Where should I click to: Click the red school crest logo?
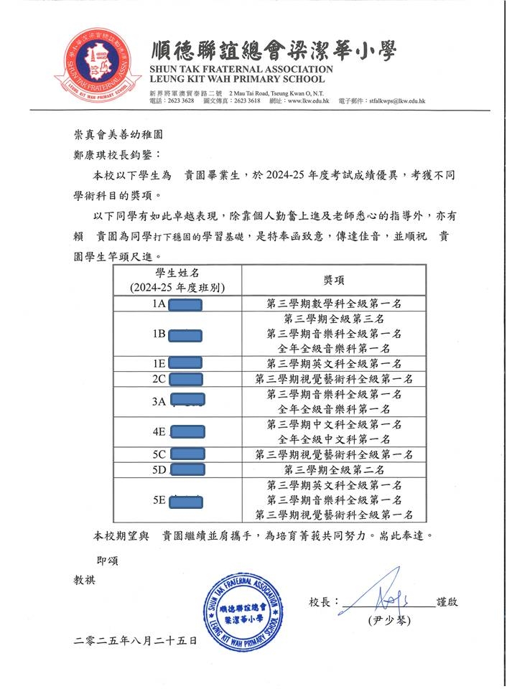pos(99,63)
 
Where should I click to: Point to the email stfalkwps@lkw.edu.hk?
pos(397,101)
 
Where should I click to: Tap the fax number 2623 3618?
pos(243,101)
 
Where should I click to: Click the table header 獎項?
pos(334,280)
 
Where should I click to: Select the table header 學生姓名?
pos(177,273)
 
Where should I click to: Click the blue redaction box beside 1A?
pos(185,304)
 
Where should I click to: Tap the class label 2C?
pos(159,379)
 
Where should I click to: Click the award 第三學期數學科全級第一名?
pos(334,304)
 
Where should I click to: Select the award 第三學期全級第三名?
pos(334,319)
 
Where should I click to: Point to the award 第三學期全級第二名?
pos(334,469)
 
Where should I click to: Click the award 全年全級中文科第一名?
pos(334,439)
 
